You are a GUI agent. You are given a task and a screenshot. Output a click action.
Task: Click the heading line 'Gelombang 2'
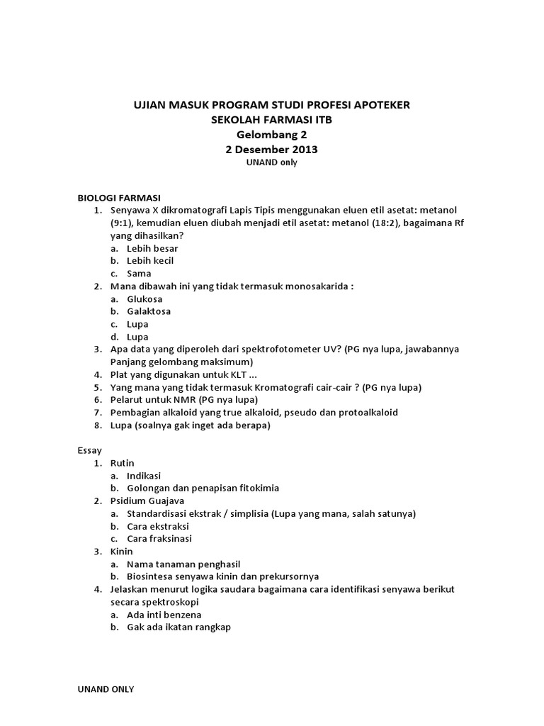(272, 134)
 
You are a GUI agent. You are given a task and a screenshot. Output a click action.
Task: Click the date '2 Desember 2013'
(272, 149)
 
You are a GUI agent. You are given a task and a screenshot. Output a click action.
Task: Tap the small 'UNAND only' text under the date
(272, 162)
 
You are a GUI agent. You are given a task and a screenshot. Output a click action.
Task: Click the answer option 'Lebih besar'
(152, 248)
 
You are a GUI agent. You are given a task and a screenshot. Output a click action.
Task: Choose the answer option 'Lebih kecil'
(150, 261)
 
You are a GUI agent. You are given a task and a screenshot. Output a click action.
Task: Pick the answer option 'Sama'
(139, 274)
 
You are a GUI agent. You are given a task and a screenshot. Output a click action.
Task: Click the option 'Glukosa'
(144, 299)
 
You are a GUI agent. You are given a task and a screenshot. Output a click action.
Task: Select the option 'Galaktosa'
(149, 311)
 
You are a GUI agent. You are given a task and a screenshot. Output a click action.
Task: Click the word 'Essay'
(89, 450)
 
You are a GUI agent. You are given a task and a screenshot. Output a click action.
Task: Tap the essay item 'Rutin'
(123, 463)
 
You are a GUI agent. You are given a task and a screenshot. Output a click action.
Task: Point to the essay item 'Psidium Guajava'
(145, 501)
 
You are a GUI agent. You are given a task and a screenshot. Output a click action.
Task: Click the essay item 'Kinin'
(122, 551)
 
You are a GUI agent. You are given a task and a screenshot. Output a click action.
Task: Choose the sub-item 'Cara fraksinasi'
(159, 539)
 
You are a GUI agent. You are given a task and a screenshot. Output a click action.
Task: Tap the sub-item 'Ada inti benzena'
(164, 615)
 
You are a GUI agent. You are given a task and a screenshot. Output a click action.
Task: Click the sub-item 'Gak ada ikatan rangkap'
(178, 627)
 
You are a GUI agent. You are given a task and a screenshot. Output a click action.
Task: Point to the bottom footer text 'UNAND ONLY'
(106, 689)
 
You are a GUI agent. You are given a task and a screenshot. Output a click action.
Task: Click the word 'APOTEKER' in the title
(378, 105)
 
